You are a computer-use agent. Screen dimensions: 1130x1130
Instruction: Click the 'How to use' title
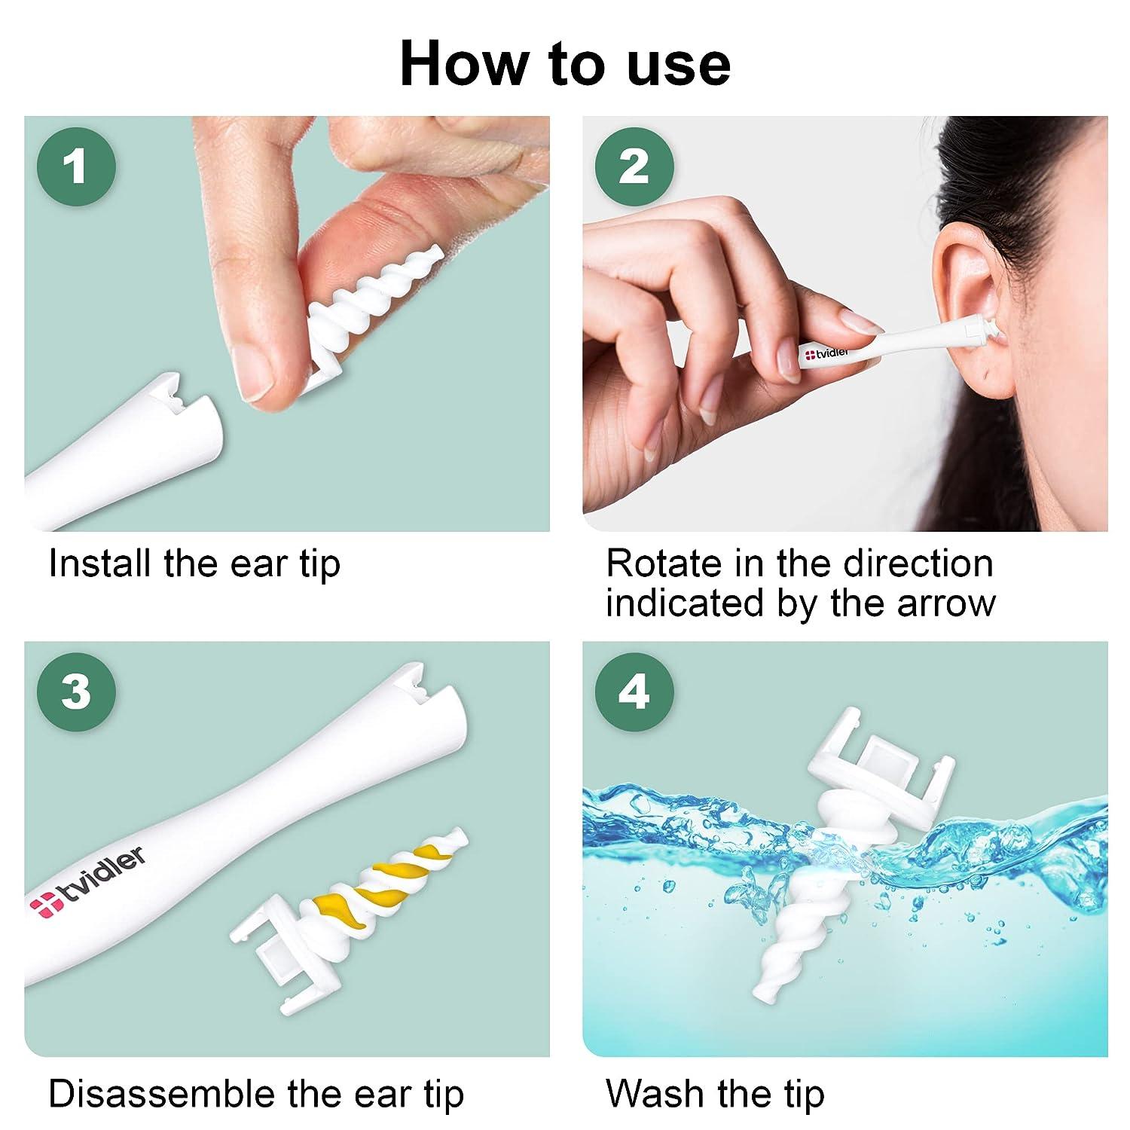565,63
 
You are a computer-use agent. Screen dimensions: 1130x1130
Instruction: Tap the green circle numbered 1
75,166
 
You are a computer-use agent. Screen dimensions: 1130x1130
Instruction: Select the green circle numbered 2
633,166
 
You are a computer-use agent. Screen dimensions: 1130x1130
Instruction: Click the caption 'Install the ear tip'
194,563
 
